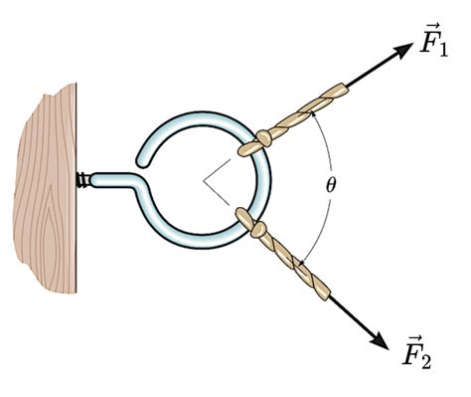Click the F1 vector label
pyautogui.click(x=433, y=40)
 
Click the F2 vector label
pyautogui.click(x=416, y=351)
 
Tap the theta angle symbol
pyautogui.click(x=330, y=185)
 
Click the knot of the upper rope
pyautogui.click(x=264, y=138)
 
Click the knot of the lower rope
pyautogui.click(x=258, y=230)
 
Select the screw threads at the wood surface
pyautogui.click(x=82, y=180)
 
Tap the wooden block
pyautogui.click(x=46, y=188)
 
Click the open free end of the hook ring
pyautogui.click(x=142, y=161)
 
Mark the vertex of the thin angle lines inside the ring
pyautogui.click(x=204, y=180)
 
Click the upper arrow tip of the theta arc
pyautogui.click(x=311, y=113)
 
